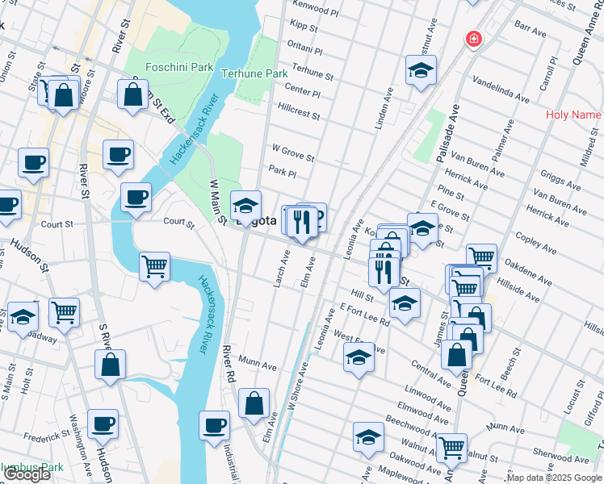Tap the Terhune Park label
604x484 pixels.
click(254, 73)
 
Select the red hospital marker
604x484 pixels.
click(472, 39)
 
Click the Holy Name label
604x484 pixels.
click(573, 115)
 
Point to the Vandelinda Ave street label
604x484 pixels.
click(500, 90)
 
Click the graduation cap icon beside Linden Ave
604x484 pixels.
click(421, 70)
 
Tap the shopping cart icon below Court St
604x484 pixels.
click(154, 265)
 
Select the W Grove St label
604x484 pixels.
click(292, 152)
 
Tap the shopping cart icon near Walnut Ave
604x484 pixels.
click(451, 446)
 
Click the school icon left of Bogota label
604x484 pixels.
click(245, 206)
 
